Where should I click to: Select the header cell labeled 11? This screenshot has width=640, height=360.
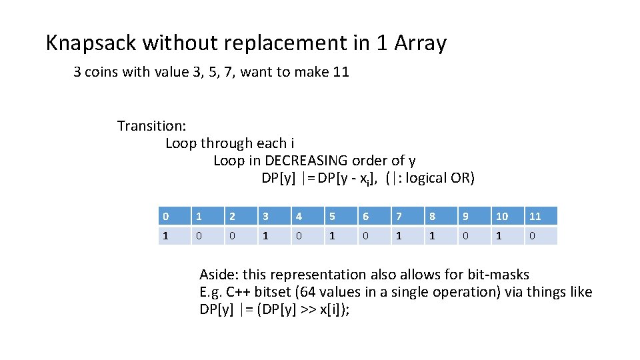(541, 216)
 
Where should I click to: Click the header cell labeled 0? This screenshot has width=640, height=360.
(174, 216)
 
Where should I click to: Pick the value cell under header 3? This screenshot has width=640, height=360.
(274, 236)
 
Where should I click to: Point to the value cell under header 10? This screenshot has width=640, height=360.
(507, 236)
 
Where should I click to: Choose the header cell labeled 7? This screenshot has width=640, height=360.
(407, 216)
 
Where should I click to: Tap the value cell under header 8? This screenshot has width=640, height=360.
(441, 236)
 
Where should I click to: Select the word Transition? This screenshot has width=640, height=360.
(152, 126)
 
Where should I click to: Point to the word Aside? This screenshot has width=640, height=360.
(219, 275)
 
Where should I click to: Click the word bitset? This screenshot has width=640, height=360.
(281, 292)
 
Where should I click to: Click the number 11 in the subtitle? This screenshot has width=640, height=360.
(341, 72)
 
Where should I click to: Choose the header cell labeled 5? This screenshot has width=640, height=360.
(341, 216)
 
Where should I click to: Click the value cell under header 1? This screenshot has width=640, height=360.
(207, 236)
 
